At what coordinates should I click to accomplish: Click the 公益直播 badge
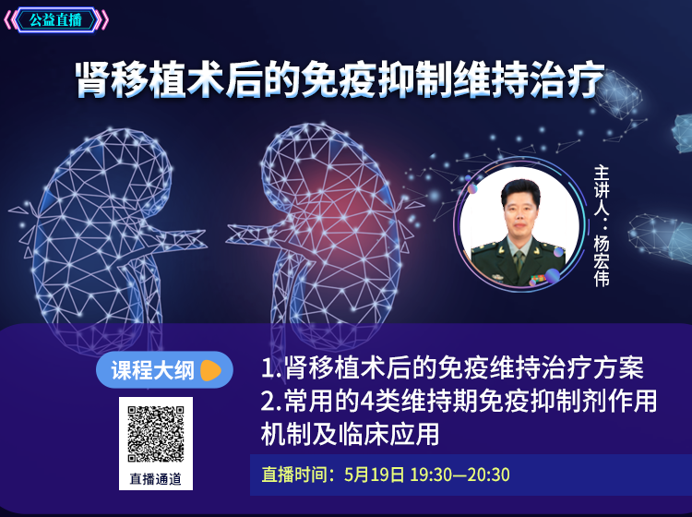coord(55,20)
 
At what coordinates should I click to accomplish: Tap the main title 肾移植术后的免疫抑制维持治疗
coord(340,79)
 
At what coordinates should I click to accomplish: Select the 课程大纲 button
coord(164,370)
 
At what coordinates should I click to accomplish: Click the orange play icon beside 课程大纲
coord(210,370)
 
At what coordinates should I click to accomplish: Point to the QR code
coord(156,434)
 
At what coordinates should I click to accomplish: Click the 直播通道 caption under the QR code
coord(155,478)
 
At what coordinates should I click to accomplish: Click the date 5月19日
coord(375,475)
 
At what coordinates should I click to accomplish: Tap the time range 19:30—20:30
coord(459,475)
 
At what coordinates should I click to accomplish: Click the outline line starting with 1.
coord(452,367)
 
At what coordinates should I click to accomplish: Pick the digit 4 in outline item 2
coord(367,401)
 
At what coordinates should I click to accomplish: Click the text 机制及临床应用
coord(350,434)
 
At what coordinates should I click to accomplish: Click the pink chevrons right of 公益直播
coord(102,20)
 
